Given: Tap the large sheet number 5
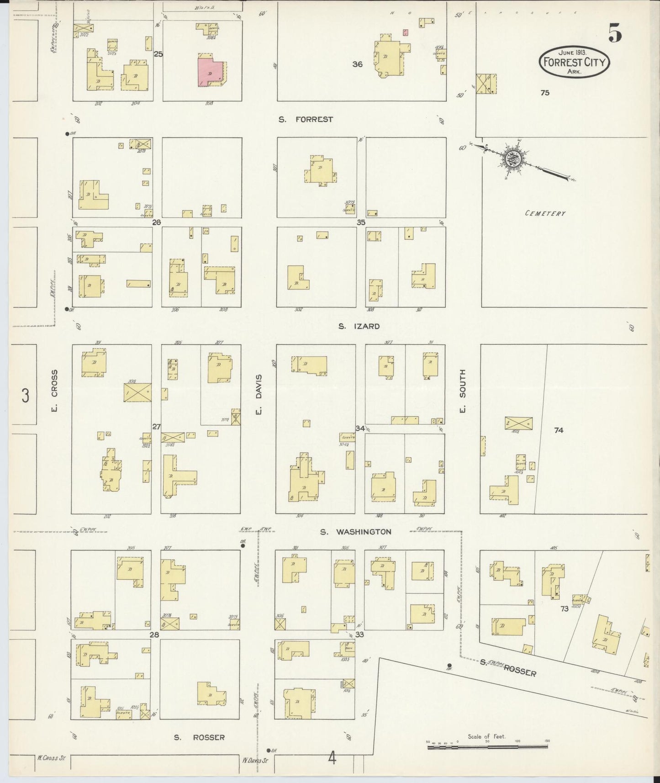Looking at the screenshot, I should tap(615, 33).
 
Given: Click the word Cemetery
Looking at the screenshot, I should tap(545, 213).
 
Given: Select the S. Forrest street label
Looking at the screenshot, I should tap(306, 120).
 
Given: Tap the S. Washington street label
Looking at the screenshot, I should tap(355, 532).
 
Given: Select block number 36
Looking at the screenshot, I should tap(357, 64).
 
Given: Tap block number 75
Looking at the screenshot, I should tap(544, 93).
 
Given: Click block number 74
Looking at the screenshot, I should tap(559, 430).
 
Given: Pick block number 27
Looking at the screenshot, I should tap(156, 427).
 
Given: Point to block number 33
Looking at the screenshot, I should tap(359, 635).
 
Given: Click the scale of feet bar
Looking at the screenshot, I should tap(487, 747).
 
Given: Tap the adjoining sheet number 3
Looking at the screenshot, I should tap(26, 396).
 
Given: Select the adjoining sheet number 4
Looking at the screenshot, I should tap(332, 759).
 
